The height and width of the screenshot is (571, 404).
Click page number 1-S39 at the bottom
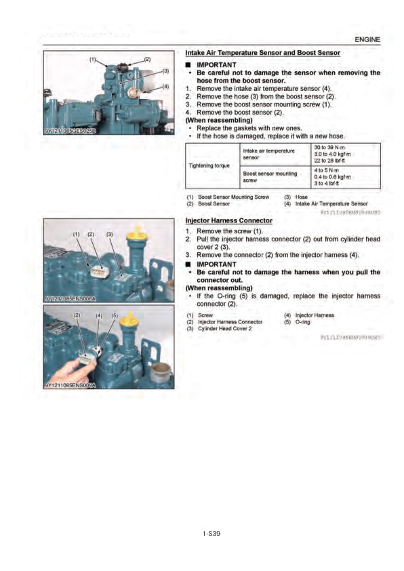point(211,534)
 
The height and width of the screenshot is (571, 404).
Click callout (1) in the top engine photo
point(93,60)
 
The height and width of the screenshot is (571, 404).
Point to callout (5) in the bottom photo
point(115,315)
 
